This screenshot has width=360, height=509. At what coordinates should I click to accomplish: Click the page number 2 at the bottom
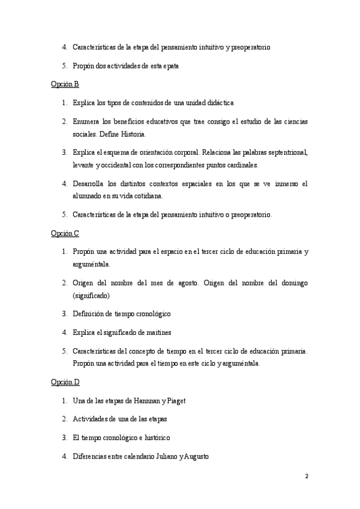[307, 477]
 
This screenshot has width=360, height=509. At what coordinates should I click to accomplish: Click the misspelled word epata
[168, 65]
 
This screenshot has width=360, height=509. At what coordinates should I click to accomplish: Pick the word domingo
[290, 282]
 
